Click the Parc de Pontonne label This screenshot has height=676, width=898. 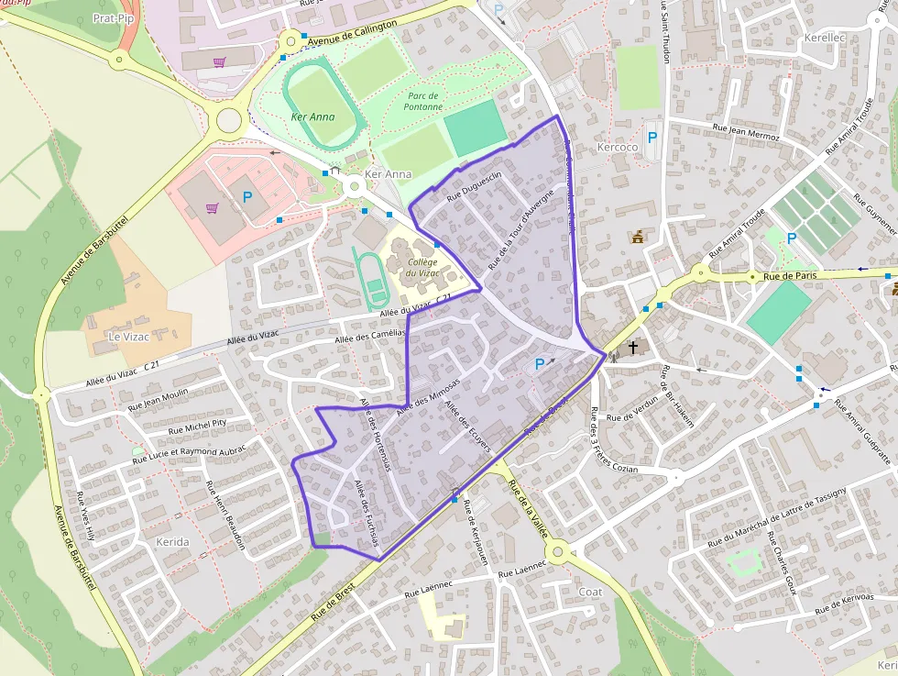pyautogui.click(x=424, y=101)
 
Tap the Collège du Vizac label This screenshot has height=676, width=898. pyautogui.click(x=422, y=267)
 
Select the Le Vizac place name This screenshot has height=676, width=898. pyautogui.click(x=128, y=337)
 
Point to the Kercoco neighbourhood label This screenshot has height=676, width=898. pyautogui.click(x=617, y=148)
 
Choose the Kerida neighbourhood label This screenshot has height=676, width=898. pyautogui.click(x=172, y=542)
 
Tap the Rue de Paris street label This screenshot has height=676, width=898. pyautogui.click(x=789, y=275)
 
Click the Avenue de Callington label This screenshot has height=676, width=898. pyautogui.click(x=353, y=34)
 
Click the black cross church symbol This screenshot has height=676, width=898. pyautogui.click(x=632, y=348)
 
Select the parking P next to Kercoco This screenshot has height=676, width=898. pyautogui.click(x=652, y=138)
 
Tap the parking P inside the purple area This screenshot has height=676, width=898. pyautogui.click(x=540, y=364)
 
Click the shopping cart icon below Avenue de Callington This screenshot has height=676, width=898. pyautogui.click(x=219, y=62)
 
